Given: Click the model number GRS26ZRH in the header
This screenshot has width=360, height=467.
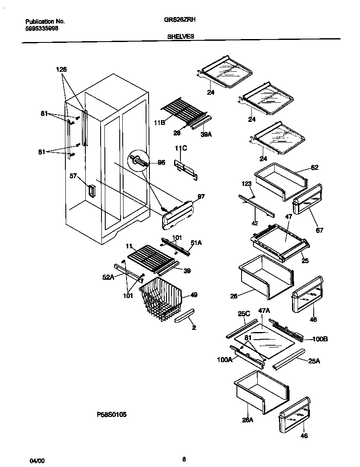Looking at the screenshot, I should tap(180, 20).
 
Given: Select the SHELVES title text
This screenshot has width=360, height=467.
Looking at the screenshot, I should tap(180, 37).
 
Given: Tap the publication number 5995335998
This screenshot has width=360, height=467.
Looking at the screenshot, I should tap(42, 28).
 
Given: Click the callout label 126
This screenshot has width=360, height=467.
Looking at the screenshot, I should tap(61, 70).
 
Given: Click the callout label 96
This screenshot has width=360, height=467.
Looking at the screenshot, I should tap(161, 162).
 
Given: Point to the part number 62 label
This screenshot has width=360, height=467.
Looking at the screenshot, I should tap(314, 168).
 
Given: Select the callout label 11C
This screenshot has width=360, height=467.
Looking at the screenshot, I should tap(181, 148).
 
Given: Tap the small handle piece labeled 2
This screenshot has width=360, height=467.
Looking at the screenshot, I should tap(185, 316).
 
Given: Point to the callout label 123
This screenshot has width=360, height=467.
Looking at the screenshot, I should tap(247, 184).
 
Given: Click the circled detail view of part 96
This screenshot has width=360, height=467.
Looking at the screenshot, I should tap(140, 161).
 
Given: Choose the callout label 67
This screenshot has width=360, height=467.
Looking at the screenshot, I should tap(319, 230).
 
